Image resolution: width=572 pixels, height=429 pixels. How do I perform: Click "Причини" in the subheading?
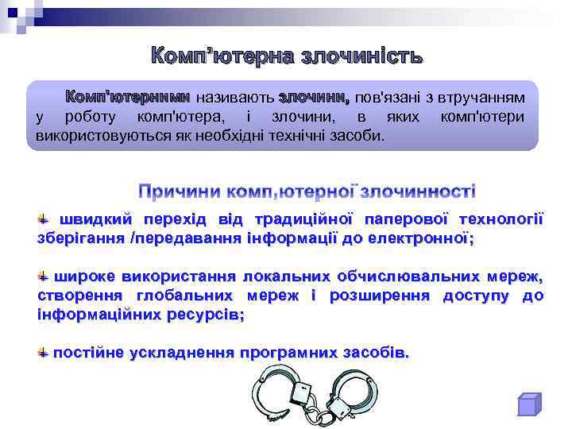[x=180, y=191]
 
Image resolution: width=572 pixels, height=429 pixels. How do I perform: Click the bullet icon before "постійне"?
[x=44, y=351]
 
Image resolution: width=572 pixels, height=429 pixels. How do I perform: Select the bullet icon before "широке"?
[x=44, y=276]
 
